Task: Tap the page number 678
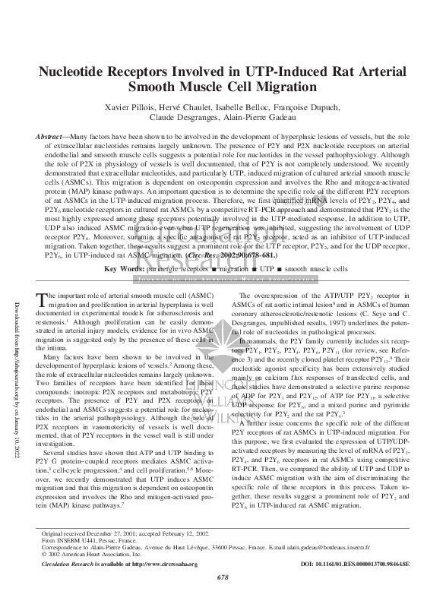coord(223,577)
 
